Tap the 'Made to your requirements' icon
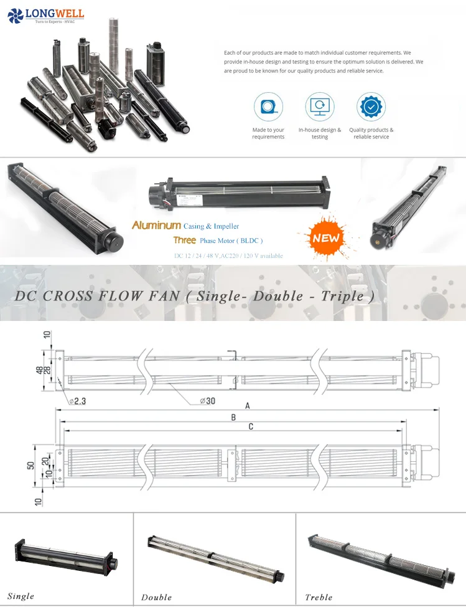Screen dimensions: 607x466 tap(268, 107)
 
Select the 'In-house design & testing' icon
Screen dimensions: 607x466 tap(320, 107)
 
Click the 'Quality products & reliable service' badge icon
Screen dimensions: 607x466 tap(371, 107)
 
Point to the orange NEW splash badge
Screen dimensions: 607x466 tap(326, 237)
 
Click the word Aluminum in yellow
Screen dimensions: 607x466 tap(156, 226)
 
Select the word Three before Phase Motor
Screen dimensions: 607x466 tap(185, 241)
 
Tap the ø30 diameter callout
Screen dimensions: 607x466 tap(207, 401)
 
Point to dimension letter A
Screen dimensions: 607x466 tap(248, 405)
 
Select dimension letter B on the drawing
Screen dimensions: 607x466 tap(233, 417)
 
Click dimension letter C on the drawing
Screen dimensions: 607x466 tap(251, 427)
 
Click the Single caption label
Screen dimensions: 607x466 tap(21, 596)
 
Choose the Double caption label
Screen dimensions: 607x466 tap(156, 598)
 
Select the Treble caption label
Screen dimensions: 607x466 tap(319, 598)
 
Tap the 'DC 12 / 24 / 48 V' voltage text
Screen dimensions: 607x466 tap(198, 256)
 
